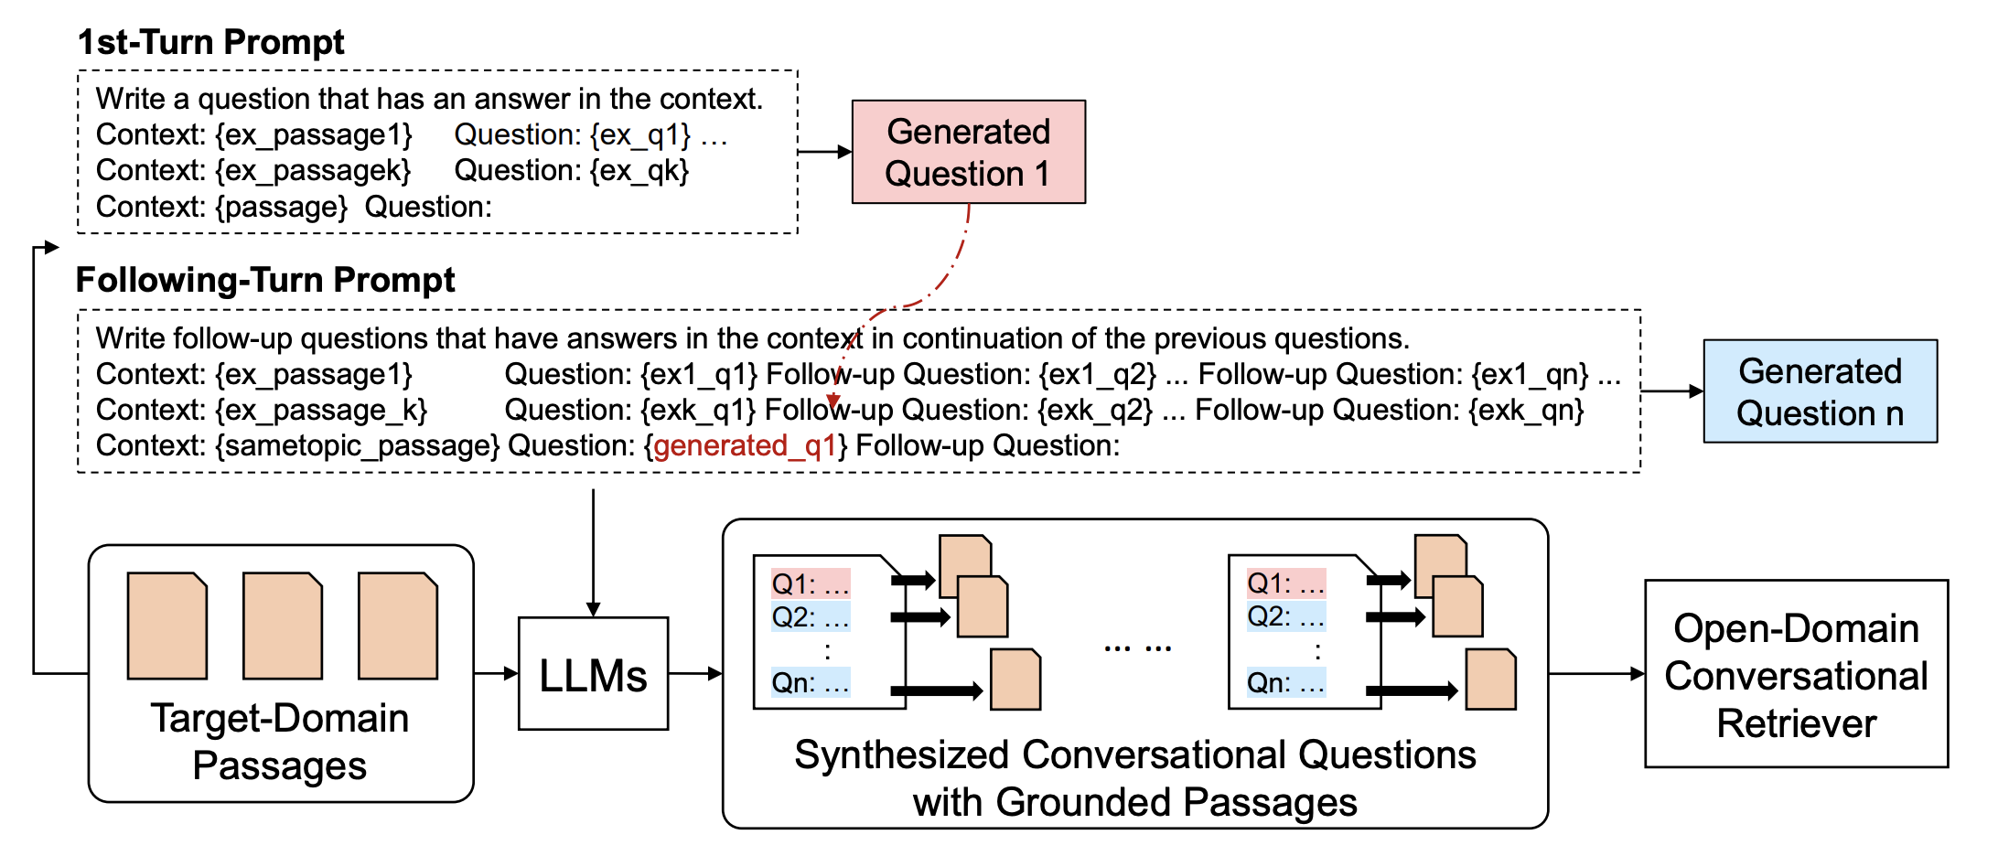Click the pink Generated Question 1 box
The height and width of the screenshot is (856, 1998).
coord(968,152)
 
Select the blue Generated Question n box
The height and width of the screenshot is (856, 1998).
coord(1819,391)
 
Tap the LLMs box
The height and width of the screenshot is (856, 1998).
coord(593,674)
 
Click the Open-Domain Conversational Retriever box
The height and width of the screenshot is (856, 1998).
coord(1795,674)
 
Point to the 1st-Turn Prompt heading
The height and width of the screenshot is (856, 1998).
coord(210,42)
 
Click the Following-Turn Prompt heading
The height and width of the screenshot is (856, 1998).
coord(265,280)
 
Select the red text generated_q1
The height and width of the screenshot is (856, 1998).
coord(745,445)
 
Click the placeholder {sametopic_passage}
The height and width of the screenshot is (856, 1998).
coord(357,445)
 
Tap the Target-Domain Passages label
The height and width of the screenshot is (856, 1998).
coord(280,741)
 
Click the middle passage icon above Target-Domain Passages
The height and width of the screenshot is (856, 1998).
coord(282,626)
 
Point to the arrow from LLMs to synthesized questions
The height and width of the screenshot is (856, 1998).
coord(694,674)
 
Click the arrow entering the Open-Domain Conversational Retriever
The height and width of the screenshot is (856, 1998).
coord(1595,674)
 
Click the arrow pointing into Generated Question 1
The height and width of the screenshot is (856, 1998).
coord(824,152)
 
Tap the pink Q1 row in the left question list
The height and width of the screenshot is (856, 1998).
coord(811,583)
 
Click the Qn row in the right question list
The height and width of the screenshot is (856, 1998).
coord(1285,683)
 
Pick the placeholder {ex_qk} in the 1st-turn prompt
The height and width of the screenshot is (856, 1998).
coord(639,170)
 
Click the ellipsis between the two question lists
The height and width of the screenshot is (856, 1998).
coord(1137,647)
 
